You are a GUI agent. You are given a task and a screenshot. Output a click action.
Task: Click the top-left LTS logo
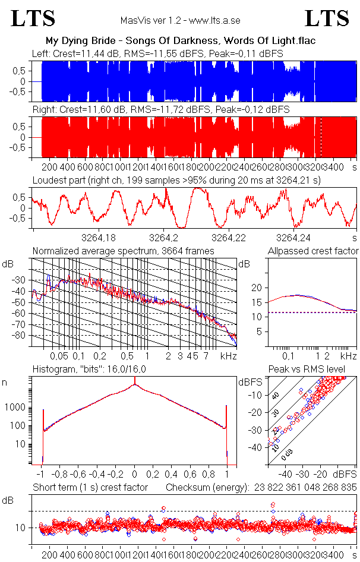click(x=33, y=18)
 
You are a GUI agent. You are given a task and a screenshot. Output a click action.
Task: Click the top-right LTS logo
click(x=327, y=18)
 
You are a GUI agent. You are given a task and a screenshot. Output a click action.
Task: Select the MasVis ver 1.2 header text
click(x=180, y=21)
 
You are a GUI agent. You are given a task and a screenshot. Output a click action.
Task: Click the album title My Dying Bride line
click(x=180, y=41)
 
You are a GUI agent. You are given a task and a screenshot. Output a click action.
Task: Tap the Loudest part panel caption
click(x=176, y=179)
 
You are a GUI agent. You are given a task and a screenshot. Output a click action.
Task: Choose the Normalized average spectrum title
click(x=123, y=251)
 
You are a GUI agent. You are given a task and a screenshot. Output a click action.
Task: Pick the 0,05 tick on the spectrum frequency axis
click(x=59, y=356)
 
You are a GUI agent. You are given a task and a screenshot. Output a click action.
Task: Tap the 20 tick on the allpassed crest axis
click(x=257, y=288)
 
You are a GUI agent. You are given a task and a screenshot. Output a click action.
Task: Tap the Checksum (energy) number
click(x=304, y=488)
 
